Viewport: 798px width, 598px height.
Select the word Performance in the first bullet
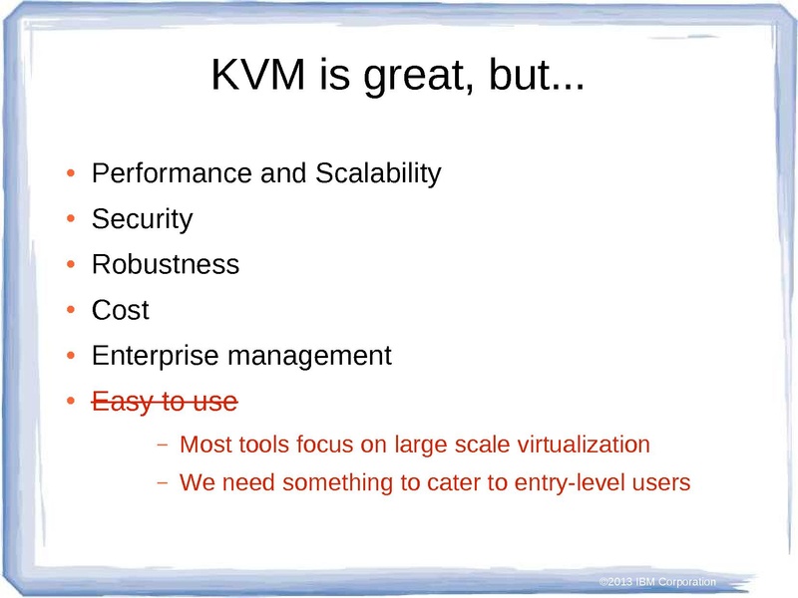172,172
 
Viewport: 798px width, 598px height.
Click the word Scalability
378,173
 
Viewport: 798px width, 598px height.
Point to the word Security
142,219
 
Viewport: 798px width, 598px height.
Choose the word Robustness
166,264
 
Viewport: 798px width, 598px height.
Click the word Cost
120,310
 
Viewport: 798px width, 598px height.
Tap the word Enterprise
156,356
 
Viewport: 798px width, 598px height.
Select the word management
309,356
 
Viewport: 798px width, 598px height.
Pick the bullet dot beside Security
71,219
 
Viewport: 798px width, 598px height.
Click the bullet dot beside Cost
71,310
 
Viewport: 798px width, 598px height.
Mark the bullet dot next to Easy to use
71,402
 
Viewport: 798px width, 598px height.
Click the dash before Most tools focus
163,445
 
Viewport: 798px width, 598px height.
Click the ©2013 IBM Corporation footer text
657,582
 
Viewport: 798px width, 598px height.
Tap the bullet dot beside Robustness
71,264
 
